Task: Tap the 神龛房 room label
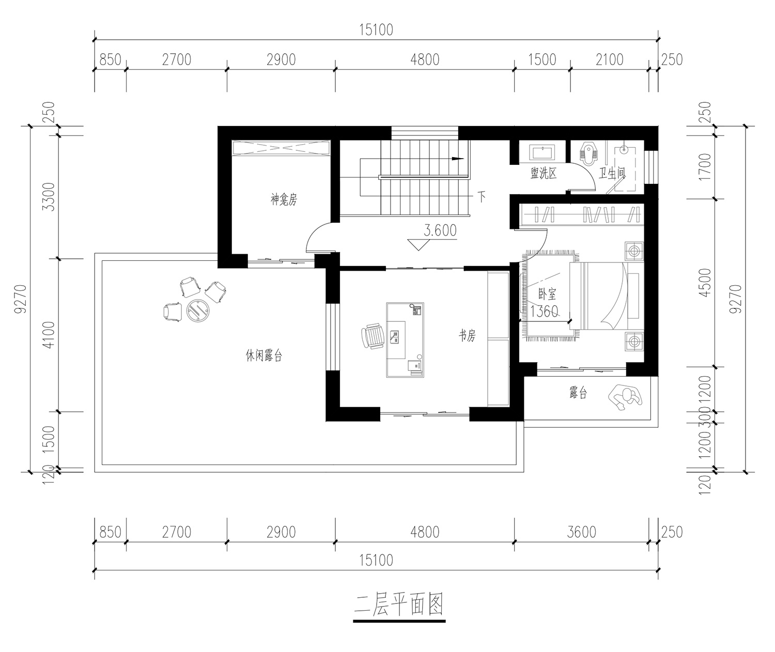tap(284, 199)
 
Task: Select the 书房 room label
tap(467, 335)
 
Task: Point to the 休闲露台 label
tap(264, 355)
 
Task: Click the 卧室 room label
tap(547, 294)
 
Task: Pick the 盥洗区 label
tap(544, 173)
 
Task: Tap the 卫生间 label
tap(612, 173)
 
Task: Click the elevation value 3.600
tap(440, 230)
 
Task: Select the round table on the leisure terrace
tap(198, 310)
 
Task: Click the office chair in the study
tap(373, 336)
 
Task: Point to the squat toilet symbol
tap(588, 153)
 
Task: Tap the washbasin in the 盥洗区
tap(542, 152)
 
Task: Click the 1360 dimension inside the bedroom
tap(544, 312)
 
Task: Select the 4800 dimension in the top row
tap(425, 59)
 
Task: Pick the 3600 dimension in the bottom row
tap(581, 532)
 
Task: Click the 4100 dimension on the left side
tap(49, 335)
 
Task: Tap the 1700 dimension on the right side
tap(705, 167)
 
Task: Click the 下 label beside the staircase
tap(482, 196)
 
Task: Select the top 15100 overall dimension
tap(376, 29)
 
